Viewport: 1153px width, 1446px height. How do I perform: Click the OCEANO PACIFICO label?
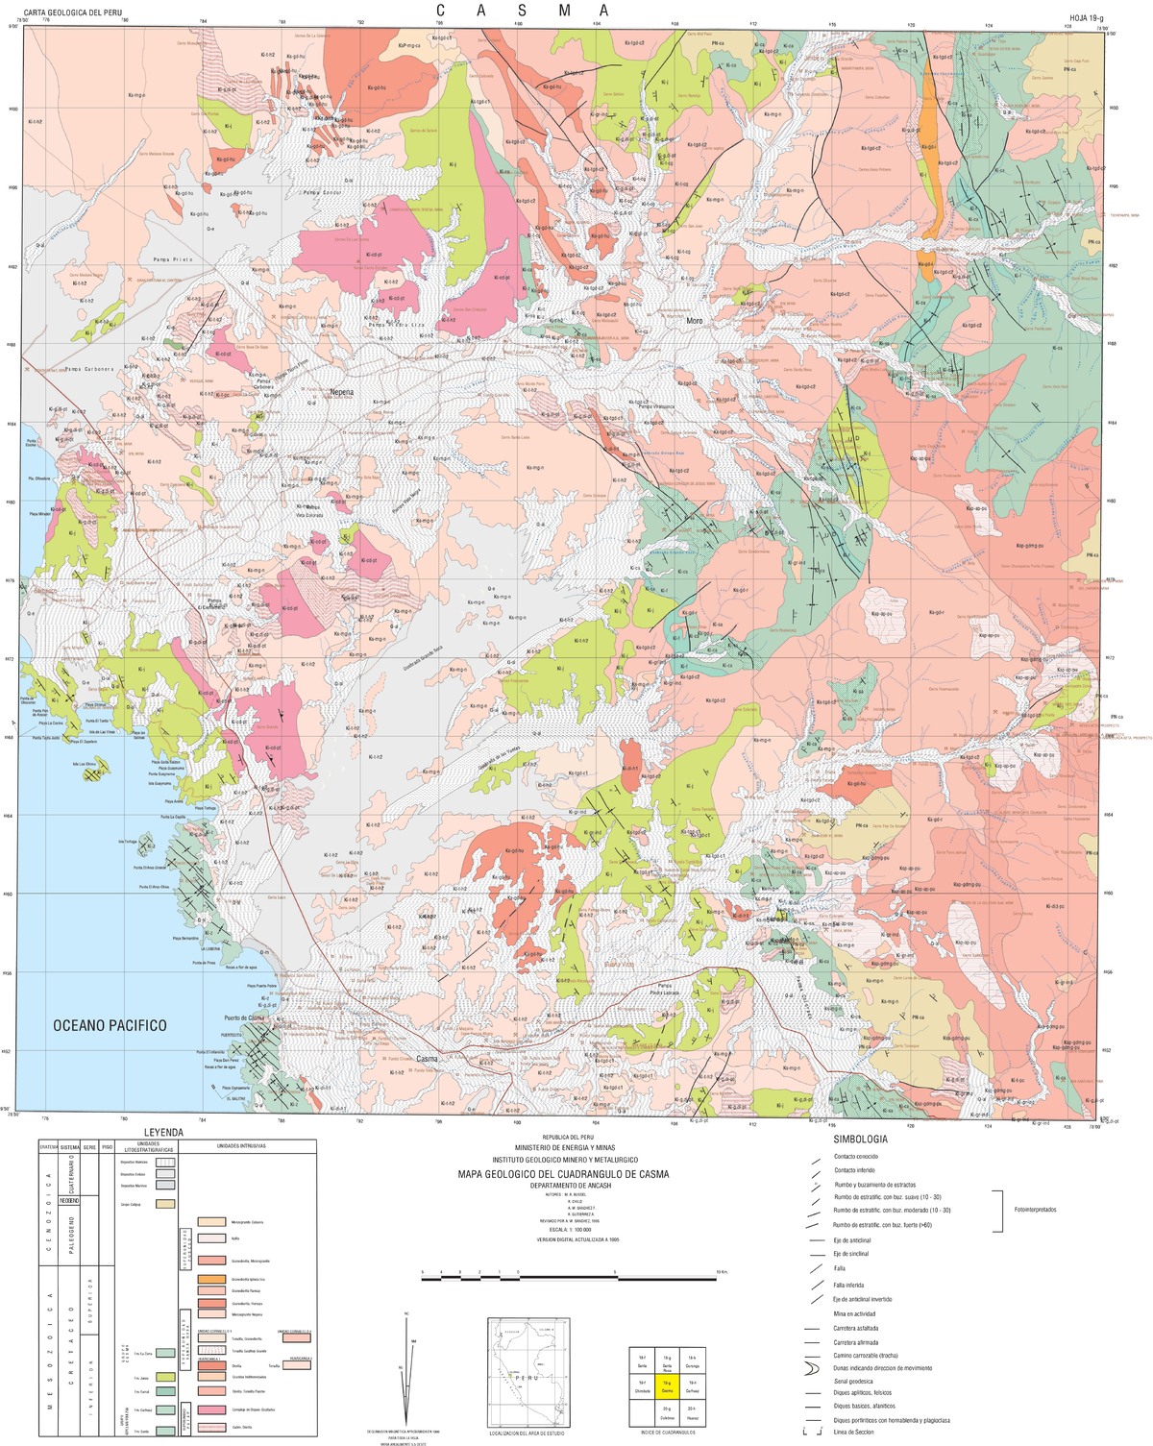(x=110, y=1026)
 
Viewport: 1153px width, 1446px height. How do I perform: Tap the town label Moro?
(x=694, y=321)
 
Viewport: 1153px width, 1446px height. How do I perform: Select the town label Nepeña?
(x=341, y=392)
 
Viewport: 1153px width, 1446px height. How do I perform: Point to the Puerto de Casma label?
(x=244, y=1017)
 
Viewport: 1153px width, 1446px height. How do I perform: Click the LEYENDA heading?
(x=163, y=1133)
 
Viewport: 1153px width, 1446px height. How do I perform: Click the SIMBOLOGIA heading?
(x=860, y=1139)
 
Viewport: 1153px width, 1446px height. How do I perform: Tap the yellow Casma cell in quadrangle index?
(x=667, y=1386)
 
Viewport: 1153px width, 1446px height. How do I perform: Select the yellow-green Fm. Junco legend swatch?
(x=165, y=1377)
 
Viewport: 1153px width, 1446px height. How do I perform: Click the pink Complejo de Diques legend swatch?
(x=211, y=1409)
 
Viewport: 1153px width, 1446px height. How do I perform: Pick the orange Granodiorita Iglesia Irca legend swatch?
(x=211, y=1279)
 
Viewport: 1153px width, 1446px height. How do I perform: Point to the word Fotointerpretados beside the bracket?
(x=1035, y=1210)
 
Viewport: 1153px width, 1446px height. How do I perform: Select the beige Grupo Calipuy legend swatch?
(x=165, y=1204)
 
